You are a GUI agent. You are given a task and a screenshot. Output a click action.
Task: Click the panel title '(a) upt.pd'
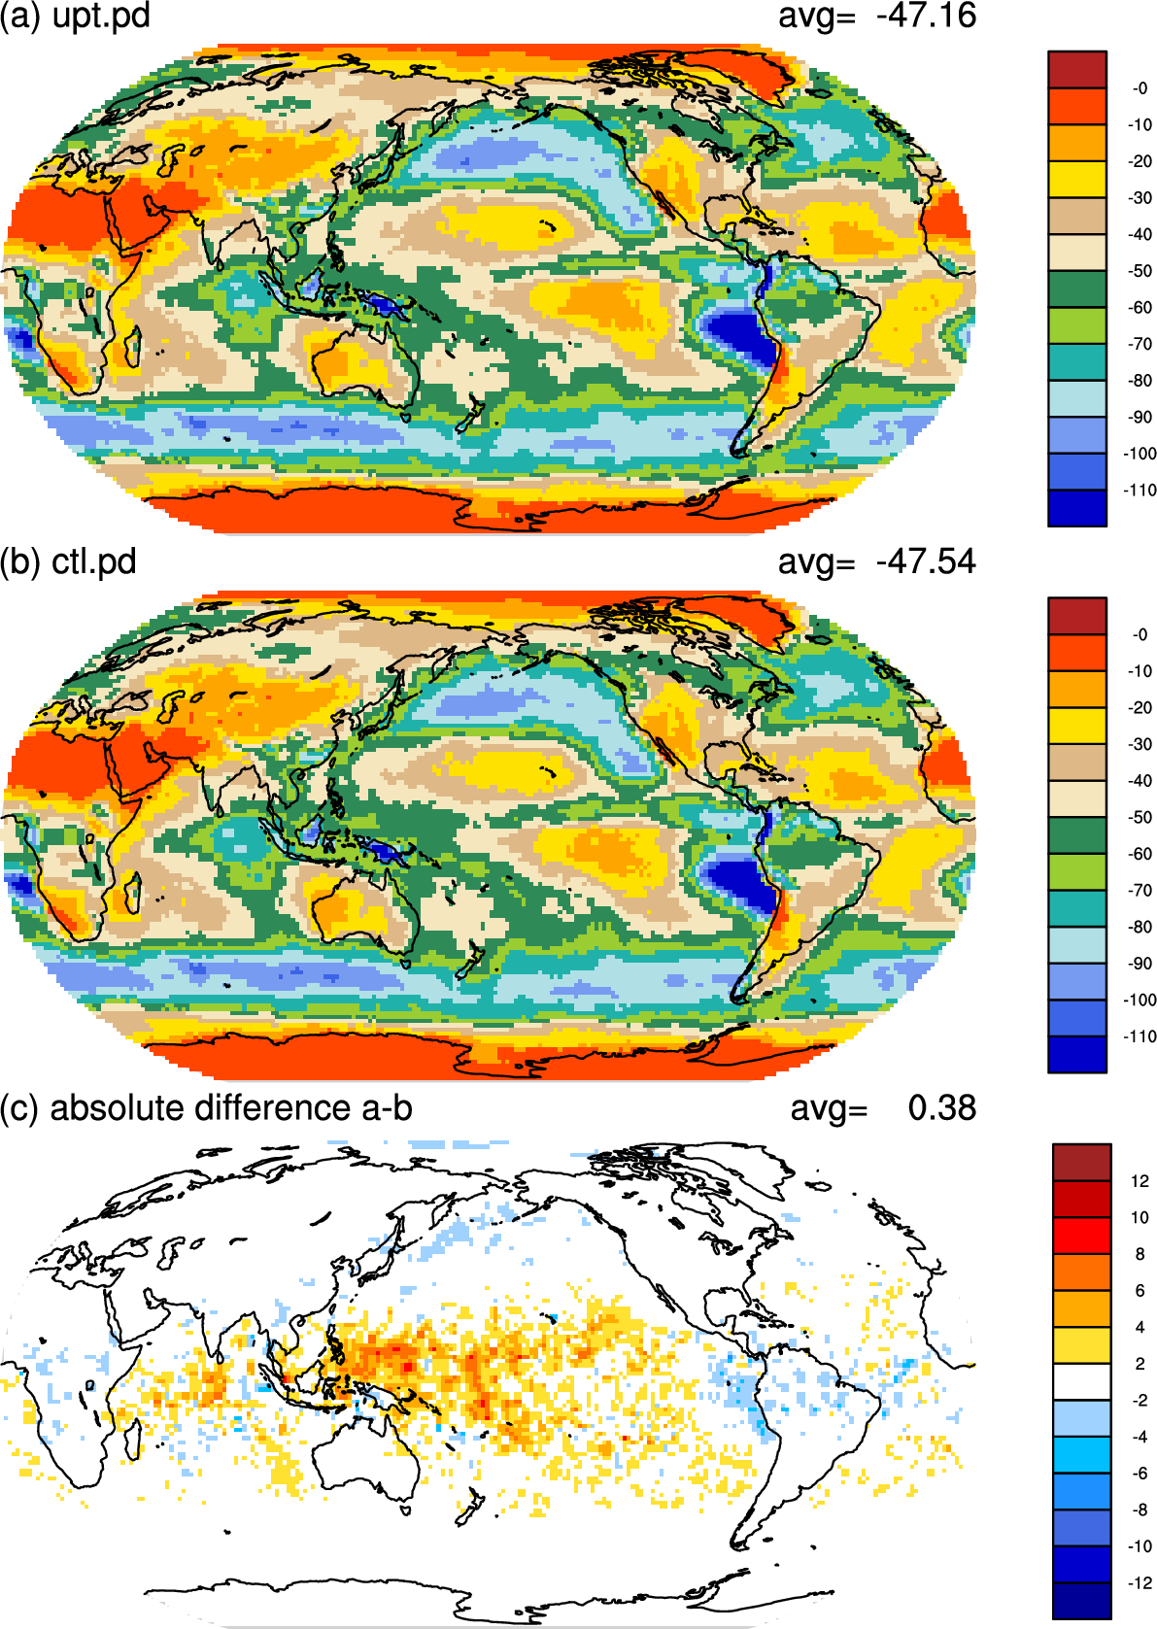click(x=75, y=17)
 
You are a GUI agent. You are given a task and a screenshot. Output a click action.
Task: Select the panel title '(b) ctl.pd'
click(x=68, y=562)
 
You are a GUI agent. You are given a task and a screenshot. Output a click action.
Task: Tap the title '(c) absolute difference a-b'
click(x=206, y=1109)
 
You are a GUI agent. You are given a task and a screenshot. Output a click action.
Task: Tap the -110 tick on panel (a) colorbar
click(x=1140, y=491)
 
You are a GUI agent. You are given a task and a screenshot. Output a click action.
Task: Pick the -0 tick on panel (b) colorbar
click(x=1140, y=635)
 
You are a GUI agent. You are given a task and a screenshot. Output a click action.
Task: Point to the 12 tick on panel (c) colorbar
click(x=1140, y=1182)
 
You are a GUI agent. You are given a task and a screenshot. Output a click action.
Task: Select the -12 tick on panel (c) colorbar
click(x=1139, y=1583)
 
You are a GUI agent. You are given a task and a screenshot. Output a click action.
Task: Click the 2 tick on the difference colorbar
click(x=1140, y=1364)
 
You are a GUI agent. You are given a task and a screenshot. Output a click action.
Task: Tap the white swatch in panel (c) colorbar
click(x=1082, y=1382)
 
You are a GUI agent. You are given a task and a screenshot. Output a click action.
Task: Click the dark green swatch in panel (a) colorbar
click(x=1077, y=288)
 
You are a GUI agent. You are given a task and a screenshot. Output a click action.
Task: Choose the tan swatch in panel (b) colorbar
click(x=1077, y=763)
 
